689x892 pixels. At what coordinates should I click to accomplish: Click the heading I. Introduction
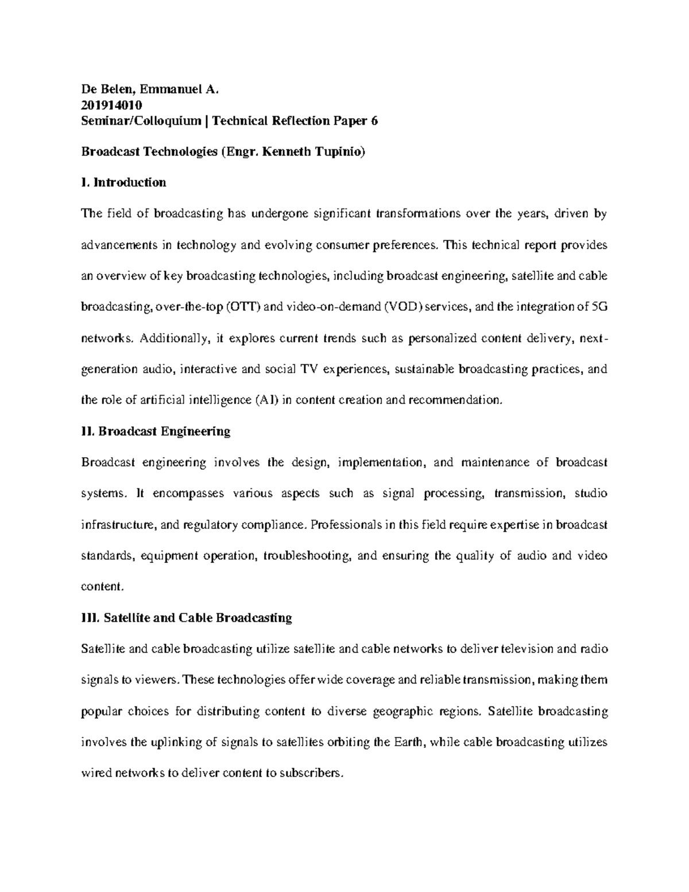pyautogui.click(x=124, y=183)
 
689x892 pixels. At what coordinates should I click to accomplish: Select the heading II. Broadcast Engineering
pyautogui.click(x=156, y=431)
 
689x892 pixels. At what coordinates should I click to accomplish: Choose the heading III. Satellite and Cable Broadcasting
pyautogui.click(x=187, y=618)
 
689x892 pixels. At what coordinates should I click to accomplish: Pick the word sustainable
pyautogui.click(x=424, y=369)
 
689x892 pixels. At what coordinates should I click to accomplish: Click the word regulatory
pyautogui.click(x=208, y=525)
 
